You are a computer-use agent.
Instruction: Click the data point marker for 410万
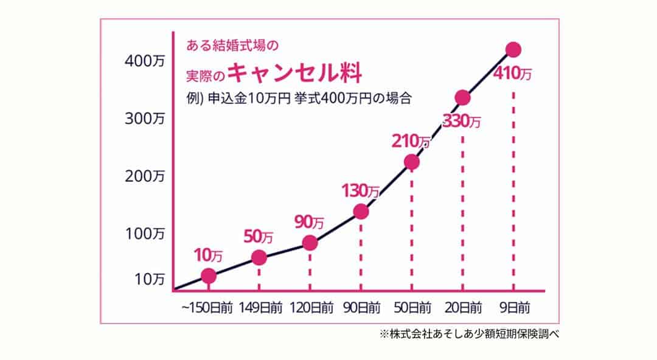tap(513, 50)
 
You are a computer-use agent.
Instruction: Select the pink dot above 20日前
tap(462, 97)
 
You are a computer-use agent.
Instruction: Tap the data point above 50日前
tap(412, 162)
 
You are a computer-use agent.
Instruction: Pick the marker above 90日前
tap(361, 211)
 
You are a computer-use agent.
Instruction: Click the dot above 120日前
tap(310, 243)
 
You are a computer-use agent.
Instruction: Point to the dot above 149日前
tap(259, 258)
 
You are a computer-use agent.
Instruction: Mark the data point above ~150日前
tap(208, 276)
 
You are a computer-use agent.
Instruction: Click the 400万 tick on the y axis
tap(145, 61)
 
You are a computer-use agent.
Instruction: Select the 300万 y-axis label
tap(145, 119)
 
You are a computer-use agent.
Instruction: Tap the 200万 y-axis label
tap(145, 176)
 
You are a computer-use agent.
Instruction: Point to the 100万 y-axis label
tap(145, 234)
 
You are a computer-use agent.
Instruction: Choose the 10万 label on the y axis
tap(149, 279)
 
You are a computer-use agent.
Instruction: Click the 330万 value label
tap(462, 121)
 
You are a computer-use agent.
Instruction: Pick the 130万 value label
tap(360, 190)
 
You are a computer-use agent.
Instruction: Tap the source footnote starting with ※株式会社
tap(468, 333)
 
